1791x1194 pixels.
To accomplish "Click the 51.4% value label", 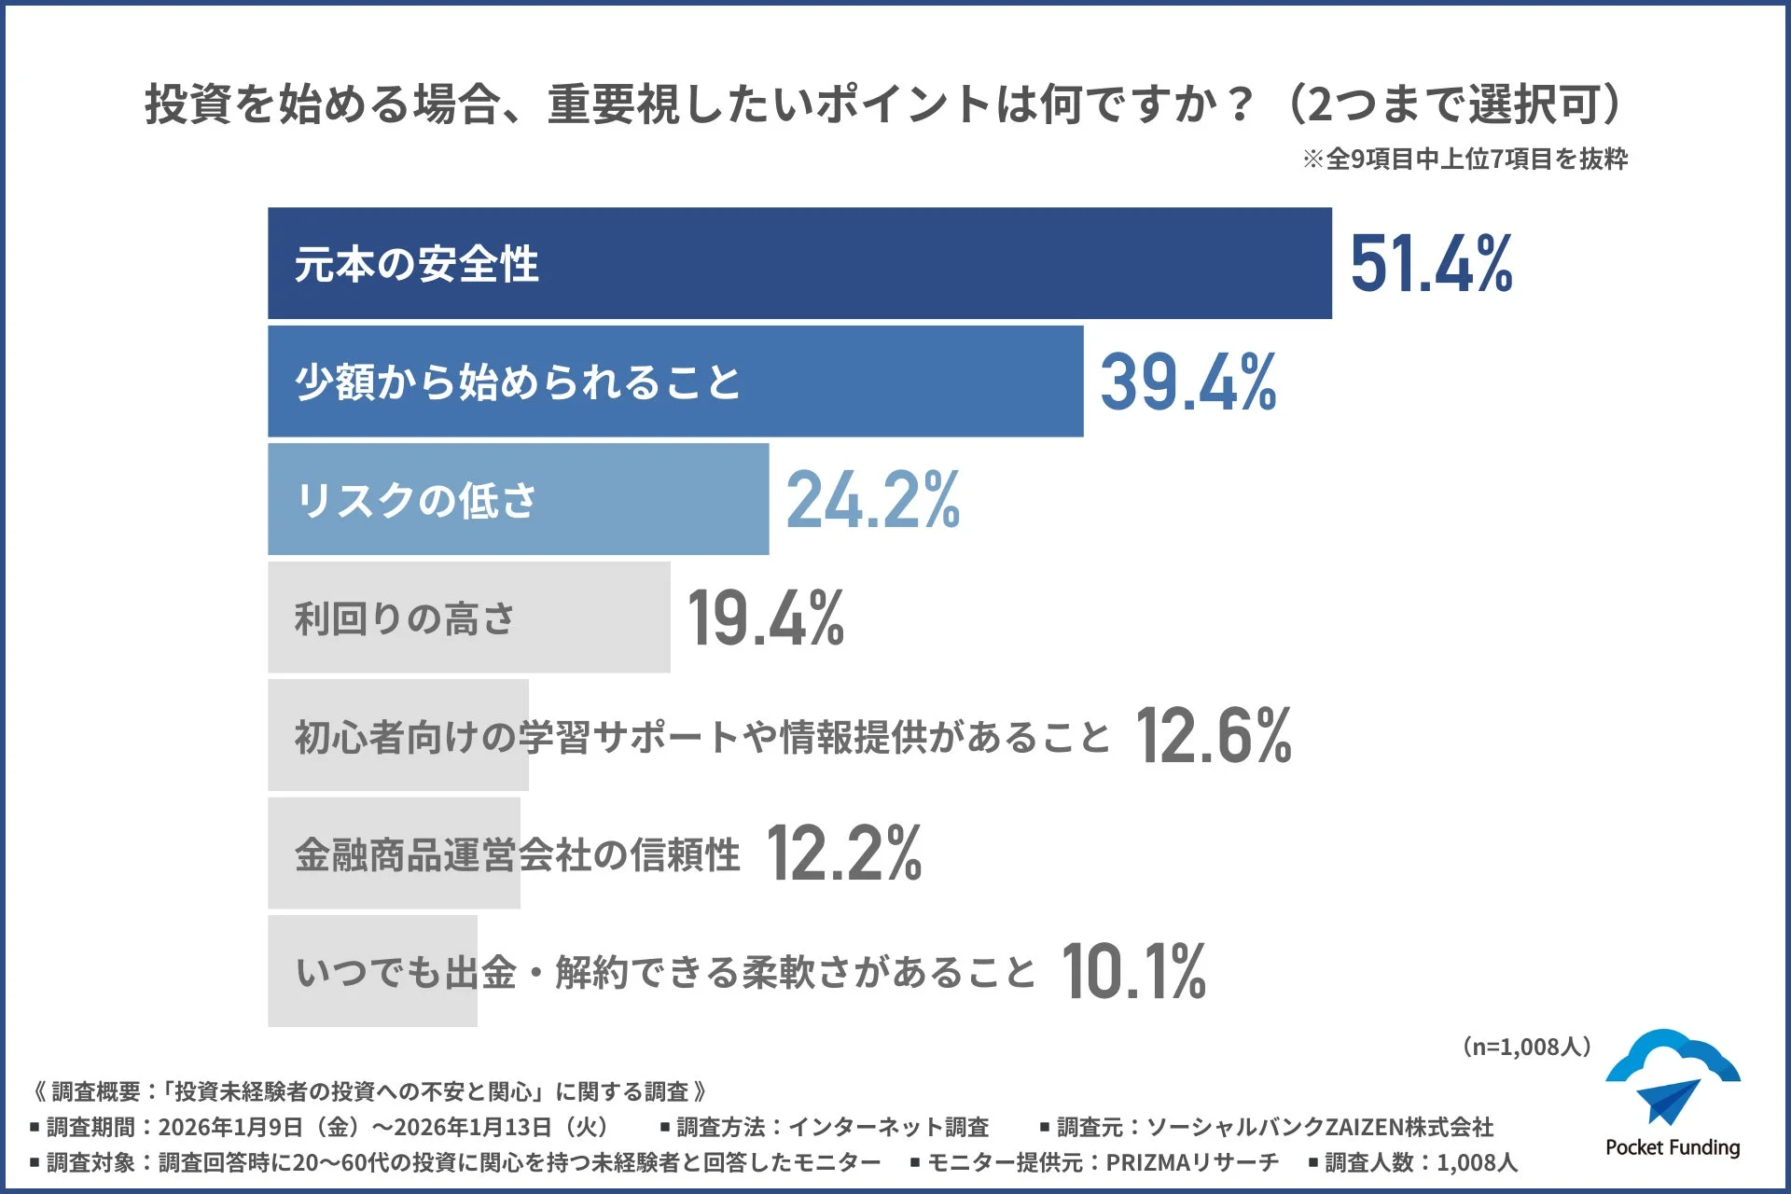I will coord(1431,264).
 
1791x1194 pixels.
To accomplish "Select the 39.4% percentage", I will coord(1187,382).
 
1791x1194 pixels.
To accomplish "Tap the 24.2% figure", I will coord(872,500).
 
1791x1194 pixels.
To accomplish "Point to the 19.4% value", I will coord(765,618).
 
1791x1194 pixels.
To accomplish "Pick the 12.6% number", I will coord(1213,736).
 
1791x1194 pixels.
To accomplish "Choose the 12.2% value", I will coord(843,854).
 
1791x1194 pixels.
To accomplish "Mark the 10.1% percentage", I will coord(1132,972).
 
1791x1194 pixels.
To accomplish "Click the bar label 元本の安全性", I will coord(416,264).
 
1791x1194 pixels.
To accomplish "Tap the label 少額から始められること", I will coord(518,382).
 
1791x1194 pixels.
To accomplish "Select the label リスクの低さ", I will coord(416,500).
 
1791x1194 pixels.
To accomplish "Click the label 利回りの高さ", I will coord(405,618).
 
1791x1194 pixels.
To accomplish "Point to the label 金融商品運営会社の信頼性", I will coord(517,854).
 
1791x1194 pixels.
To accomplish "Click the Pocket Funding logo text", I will coord(1673,1147).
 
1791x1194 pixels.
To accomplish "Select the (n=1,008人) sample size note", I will coord(1526,1047).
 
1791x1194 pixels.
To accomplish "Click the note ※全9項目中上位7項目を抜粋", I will coord(1465,160).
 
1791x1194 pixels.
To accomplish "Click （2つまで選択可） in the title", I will coord(1455,104).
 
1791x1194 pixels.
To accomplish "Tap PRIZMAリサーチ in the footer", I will coord(1191,1162).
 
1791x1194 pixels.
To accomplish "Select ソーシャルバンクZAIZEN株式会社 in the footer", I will coord(1319,1127).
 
